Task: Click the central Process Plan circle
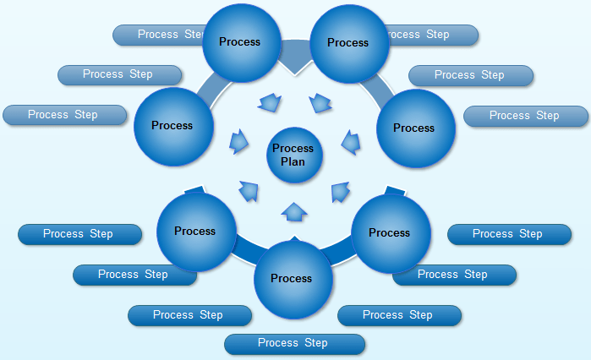pyautogui.click(x=293, y=155)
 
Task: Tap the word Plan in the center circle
pyautogui.click(x=293, y=161)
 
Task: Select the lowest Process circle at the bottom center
pyautogui.click(x=293, y=279)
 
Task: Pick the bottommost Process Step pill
pyautogui.click(x=294, y=343)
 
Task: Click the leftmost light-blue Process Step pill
pyautogui.click(x=63, y=115)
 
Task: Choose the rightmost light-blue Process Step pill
pyautogui.click(x=525, y=116)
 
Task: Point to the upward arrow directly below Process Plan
pyautogui.click(x=293, y=211)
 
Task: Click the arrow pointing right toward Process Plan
pyautogui.click(x=239, y=140)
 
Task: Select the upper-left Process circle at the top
pyautogui.click(x=241, y=42)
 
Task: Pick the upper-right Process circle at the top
pyautogui.click(x=349, y=43)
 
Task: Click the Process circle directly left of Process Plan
pyautogui.click(x=173, y=126)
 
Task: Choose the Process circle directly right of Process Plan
pyautogui.click(x=414, y=128)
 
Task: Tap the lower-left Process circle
pyautogui.click(x=196, y=232)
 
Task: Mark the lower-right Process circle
pyautogui.click(x=390, y=233)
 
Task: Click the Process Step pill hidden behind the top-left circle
pyautogui.click(x=161, y=35)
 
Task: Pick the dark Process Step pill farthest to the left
pyautogui.click(x=79, y=234)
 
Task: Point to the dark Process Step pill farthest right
pyautogui.click(x=508, y=234)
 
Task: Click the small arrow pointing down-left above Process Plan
pyautogui.click(x=320, y=104)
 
